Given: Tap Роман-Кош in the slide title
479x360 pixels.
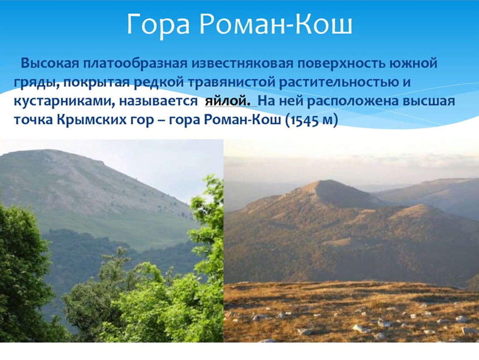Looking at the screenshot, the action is click(x=276, y=23).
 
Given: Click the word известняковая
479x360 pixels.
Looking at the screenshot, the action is click(x=242, y=63).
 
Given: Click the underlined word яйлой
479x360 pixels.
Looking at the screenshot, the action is click(x=227, y=101).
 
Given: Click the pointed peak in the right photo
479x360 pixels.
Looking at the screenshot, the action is click(x=322, y=181).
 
